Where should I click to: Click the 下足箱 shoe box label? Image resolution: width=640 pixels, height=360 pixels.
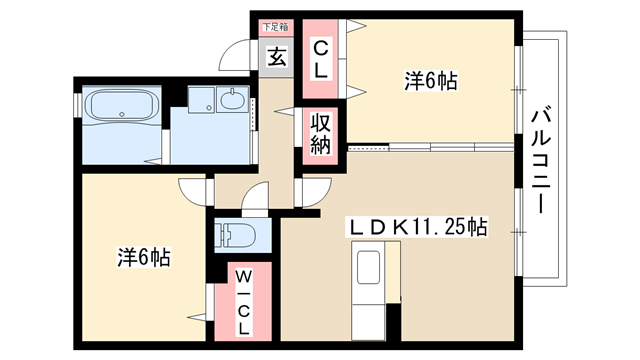coord(276,28)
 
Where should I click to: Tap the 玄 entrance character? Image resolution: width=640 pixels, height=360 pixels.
coord(276,57)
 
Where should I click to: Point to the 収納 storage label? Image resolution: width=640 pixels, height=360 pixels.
coord(320,133)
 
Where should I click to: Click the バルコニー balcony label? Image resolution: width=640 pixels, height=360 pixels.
coord(541,159)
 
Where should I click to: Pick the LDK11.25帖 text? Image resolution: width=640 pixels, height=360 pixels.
coord(417,227)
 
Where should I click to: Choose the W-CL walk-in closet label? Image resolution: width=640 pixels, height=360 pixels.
coord(243,302)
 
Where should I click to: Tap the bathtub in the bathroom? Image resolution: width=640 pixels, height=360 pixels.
coord(121,106)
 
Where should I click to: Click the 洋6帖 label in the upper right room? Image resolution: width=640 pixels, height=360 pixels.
coord(431,81)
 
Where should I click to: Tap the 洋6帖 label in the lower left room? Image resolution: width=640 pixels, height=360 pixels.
coord(144,257)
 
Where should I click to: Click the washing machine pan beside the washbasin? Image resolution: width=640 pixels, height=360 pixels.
coord(202,100)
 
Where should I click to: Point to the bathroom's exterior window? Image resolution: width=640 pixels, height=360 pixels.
coord(76,105)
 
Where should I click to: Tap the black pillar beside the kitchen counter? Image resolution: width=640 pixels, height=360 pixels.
coord(393,322)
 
